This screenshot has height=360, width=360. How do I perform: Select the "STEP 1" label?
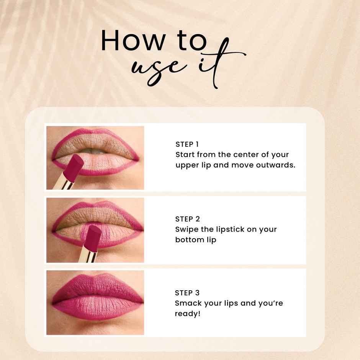187,144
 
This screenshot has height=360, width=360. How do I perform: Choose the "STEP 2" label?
187,219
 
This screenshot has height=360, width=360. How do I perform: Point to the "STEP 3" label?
187,293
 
